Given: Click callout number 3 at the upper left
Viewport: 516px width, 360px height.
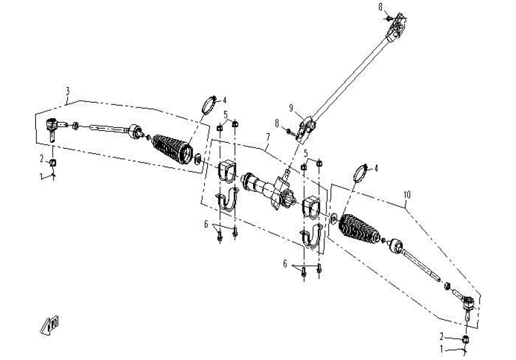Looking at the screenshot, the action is click(68, 91).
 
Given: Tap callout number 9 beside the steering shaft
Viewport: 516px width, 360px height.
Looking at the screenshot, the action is click(291, 108).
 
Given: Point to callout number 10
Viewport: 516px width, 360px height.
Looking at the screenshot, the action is click(407, 195).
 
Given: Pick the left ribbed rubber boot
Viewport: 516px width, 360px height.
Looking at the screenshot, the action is click(171, 149).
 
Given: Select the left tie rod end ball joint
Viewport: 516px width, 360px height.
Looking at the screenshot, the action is click(53, 126).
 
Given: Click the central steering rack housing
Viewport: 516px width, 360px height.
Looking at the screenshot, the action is click(267, 189).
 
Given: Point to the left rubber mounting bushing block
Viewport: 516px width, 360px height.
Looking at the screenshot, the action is click(226, 170).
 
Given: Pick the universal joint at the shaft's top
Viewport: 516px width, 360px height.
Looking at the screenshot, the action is click(398, 27).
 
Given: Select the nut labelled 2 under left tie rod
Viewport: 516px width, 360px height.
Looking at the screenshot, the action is click(53, 163).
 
